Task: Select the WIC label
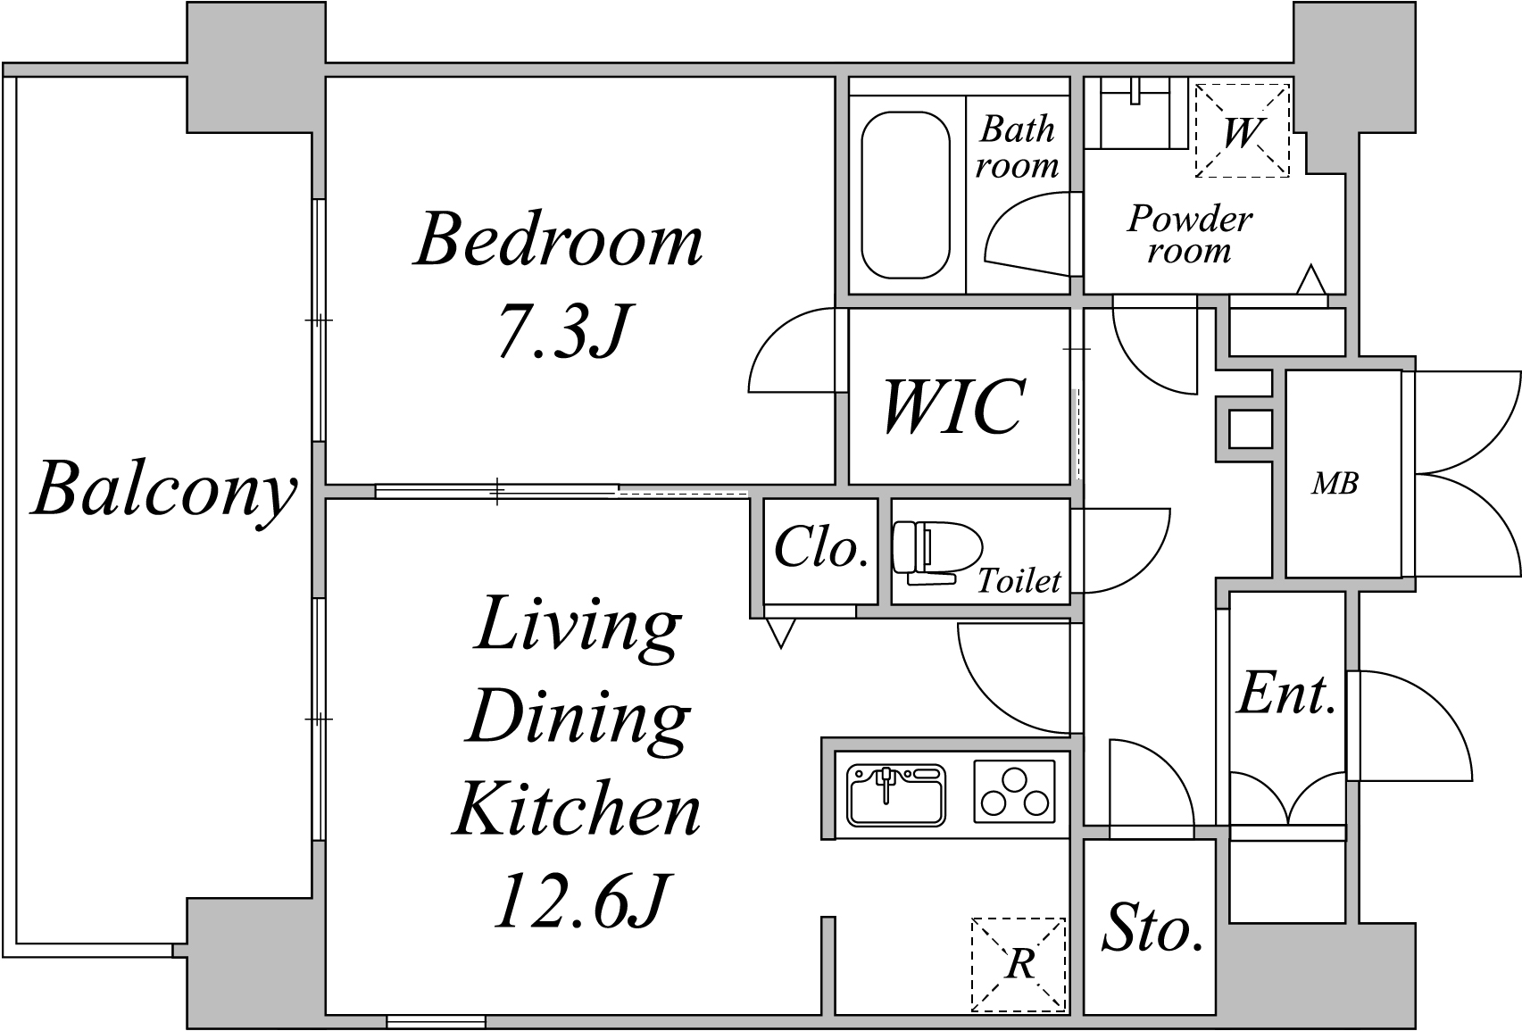(x=954, y=406)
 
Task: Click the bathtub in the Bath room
(x=906, y=195)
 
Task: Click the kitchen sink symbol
(x=896, y=795)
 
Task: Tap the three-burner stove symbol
(x=1014, y=792)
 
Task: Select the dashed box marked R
(x=1019, y=964)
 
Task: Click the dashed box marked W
(x=1243, y=130)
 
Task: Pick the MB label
(x=1335, y=484)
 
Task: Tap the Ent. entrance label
(x=1286, y=694)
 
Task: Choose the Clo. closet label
(x=821, y=547)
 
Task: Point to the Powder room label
(x=1190, y=235)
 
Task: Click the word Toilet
(x=1019, y=581)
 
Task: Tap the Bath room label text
(x=1017, y=147)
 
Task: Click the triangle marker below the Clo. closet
(x=780, y=633)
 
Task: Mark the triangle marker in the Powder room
(x=1311, y=280)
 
